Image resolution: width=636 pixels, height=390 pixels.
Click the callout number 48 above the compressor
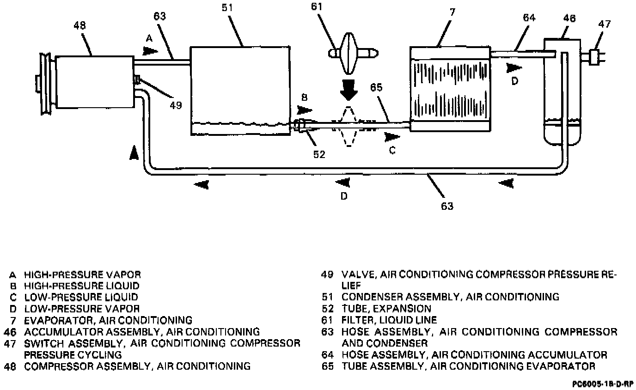(x=79, y=26)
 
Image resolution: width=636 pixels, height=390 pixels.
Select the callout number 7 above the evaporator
(x=453, y=12)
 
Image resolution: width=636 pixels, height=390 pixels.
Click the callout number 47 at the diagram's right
(x=604, y=24)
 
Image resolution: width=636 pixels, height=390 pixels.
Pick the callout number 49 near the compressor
(x=175, y=105)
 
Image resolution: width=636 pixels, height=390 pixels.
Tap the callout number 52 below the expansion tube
(x=319, y=154)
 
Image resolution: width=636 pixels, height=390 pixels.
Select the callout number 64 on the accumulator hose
(x=529, y=18)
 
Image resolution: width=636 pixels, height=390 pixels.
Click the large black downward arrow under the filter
(x=349, y=90)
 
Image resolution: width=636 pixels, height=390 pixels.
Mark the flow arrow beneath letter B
(x=305, y=110)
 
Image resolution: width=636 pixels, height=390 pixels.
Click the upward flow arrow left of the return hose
(x=134, y=152)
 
